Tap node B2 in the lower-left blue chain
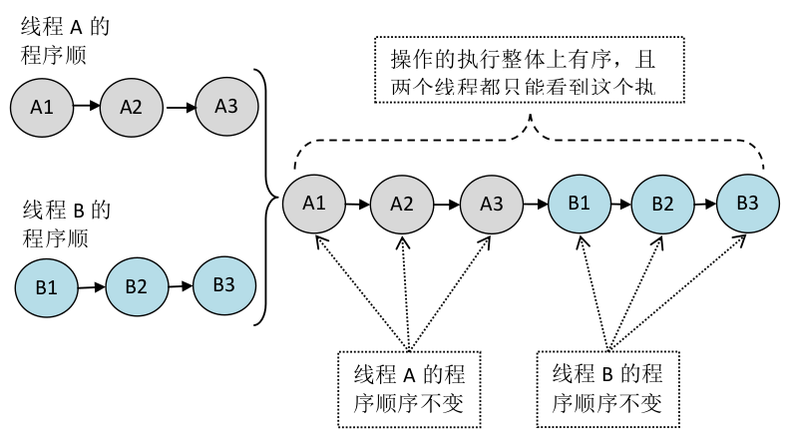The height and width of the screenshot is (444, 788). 137,286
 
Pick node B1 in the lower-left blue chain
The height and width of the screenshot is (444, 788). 46,287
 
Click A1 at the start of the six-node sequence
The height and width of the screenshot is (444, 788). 314,203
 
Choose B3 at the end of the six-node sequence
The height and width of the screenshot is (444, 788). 748,203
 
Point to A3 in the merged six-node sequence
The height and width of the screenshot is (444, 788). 492,204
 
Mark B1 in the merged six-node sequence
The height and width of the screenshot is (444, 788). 579,204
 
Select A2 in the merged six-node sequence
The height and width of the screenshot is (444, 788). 402,204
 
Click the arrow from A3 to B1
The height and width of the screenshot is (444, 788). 536,204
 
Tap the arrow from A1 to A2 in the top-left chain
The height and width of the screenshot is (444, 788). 87,104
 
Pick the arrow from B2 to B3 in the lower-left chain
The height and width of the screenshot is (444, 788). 181,285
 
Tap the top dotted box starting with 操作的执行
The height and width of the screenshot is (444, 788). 533,70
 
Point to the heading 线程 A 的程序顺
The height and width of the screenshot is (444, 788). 64,40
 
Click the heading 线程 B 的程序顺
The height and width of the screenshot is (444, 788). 66,224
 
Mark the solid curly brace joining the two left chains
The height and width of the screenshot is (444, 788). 264,196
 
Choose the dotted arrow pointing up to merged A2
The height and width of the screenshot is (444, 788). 406,289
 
